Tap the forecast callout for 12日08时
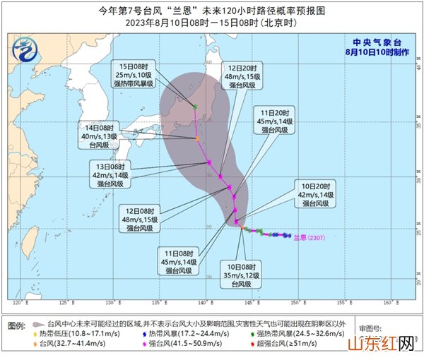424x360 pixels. click(136, 219)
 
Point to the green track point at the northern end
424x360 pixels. click(195, 107)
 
